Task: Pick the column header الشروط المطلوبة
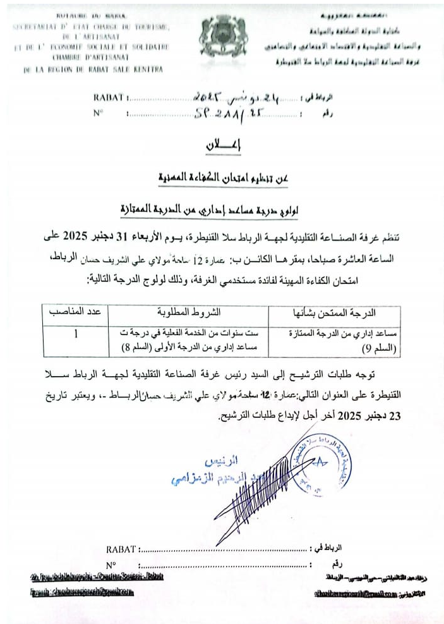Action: click(x=187, y=312)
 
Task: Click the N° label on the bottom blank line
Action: click(x=113, y=565)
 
